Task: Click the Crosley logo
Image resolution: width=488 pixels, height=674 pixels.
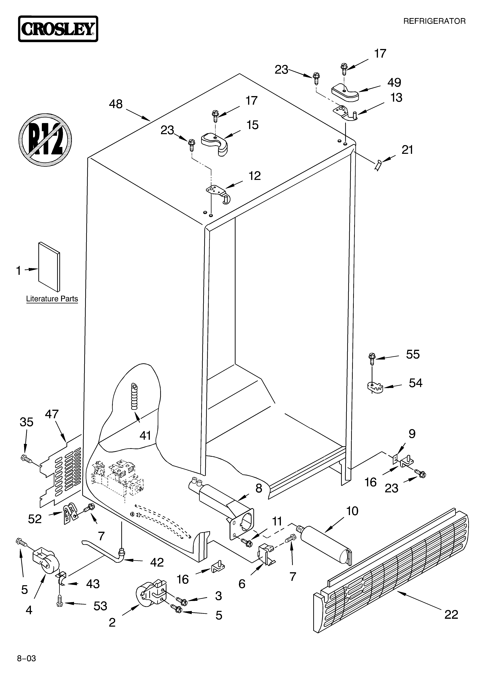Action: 58,29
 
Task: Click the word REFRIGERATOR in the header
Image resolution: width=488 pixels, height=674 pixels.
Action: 434,21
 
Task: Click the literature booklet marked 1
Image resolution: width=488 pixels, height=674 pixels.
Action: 49,267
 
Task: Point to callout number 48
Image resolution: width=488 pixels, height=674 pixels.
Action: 116,104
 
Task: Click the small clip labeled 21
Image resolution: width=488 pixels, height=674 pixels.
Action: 378,164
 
